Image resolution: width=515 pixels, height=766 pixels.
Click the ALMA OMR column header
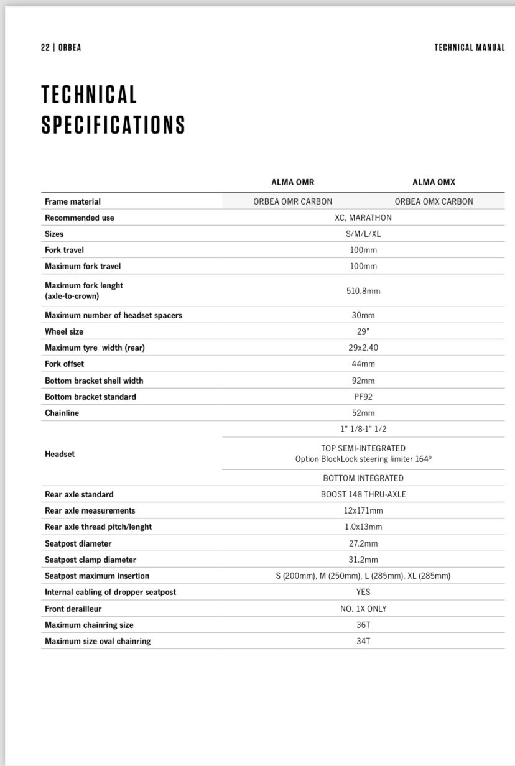pyautogui.click(x=292, y=182)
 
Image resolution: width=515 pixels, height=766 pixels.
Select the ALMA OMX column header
pyautogui.click(x=434, y=182)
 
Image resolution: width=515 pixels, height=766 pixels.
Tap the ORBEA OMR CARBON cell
pyautogui.click(x=292, y=201)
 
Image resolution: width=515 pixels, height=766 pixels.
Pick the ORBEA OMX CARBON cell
pyautogui.click(x=434, y=201)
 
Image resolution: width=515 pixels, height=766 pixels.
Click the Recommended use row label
pyautogui.click(x=80, y=218)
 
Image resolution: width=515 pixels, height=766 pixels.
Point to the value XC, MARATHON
pyautogui.click(x=363, y=218)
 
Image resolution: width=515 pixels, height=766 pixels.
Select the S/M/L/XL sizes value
pyautogui.click(x=363, y=234)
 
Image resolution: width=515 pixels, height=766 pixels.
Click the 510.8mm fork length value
pyautogui.click(x=363, y=291)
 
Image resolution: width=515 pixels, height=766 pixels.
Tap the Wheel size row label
pyautogui.click(x=64, y=331)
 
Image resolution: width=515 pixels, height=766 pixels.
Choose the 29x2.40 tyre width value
pyautogui.click(x=363, y=348)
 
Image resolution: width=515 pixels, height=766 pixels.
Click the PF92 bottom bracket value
pyautogui.click(x=363, y=397)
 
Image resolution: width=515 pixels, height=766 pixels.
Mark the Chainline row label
pyautogui.click(x=62, y=413)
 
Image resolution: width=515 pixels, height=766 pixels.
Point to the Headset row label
pyautogui.click(x=60, y=454)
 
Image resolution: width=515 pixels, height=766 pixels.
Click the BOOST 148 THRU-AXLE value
pyautogui.click(x=363, y=494)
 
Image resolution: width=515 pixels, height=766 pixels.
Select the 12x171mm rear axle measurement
pyautogui.click(x=363, y=510)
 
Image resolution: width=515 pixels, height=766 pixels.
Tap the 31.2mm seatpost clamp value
pyautogui.click(x=363, y=560)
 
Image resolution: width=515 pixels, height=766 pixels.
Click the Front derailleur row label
pyautogui.click(x=73, y=609)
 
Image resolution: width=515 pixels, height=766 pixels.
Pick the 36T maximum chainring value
pyautogui.click(x=363, y=625)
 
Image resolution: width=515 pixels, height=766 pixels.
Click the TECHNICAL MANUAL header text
pyautogui.click(x=469, y=48)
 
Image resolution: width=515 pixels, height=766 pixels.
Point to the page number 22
pyautogui.click(x=45, y=48)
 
